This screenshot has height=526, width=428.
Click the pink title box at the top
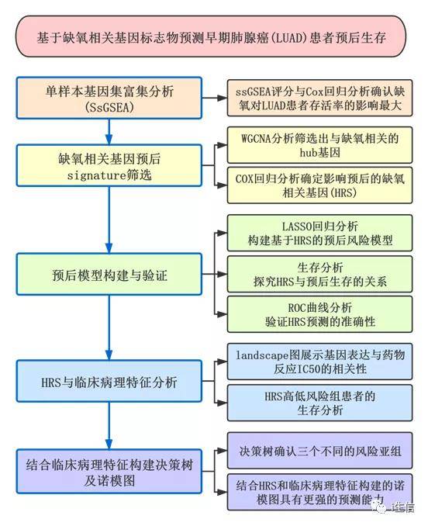tap(211, 36)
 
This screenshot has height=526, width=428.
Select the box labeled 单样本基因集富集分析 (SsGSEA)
tap(109, 98)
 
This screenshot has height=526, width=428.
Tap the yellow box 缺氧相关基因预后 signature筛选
tap(109, 166)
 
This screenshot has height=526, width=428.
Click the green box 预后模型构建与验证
tap(109, 275)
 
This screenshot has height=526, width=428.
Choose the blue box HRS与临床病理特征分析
tap(109, 381)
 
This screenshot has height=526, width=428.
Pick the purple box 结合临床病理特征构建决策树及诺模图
tap(109, 472)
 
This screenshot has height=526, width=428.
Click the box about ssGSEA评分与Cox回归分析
tap(319, 98)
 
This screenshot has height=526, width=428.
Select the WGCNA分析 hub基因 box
tap(319, 145)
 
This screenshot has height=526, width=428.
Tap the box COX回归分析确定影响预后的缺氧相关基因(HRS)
tap(319, 185)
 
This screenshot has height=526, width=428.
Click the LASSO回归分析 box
tap(319, 233)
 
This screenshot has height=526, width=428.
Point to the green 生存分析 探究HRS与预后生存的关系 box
tap(319, 274)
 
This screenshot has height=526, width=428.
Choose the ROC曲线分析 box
tap(319, 314)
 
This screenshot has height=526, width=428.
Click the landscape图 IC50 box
tap(319, 362)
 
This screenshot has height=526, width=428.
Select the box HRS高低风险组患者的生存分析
tap(319, 403)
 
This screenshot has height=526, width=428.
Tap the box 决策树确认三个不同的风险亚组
tap(319, 451)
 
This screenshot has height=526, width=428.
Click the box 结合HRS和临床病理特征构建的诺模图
tap(319, 492)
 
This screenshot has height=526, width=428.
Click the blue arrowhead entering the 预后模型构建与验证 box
tap(109, 248)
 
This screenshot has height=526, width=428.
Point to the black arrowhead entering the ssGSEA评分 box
tap(223, 98)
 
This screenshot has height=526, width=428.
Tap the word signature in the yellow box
tap(97, 175)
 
